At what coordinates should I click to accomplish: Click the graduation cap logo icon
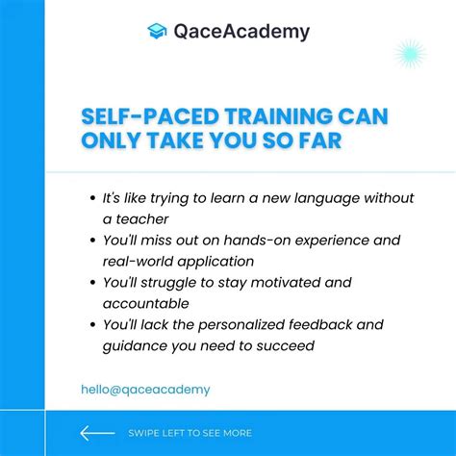point(157,31)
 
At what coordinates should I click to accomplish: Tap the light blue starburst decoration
point(411,54)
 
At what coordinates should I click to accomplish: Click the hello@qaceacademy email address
point(145,390)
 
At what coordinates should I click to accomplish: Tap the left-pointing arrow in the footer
point(97,432)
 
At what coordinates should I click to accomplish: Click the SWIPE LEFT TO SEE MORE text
point(190,433)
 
